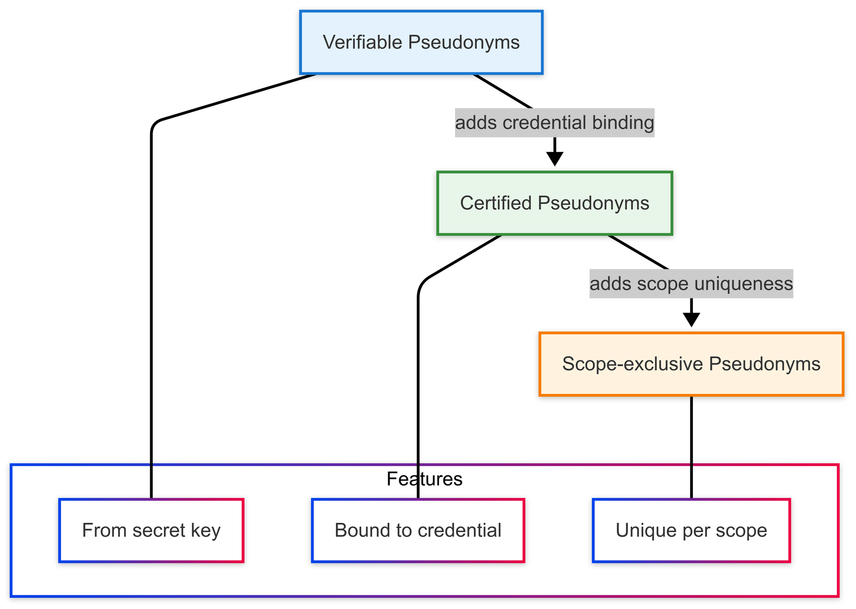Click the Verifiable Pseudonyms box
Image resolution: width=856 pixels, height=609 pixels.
click(x=422, y=43)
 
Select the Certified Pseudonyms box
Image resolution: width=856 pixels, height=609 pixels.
click(x=555, y=203)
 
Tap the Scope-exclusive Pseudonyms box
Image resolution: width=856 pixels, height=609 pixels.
click(x=691, y=364)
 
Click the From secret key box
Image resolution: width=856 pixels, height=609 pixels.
click(x=152, y=530)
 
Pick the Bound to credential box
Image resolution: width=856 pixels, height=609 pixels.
click(x=418, y=530)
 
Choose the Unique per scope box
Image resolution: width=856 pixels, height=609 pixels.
click(x=691, y=530)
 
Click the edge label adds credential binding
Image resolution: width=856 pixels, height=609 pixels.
click(x=555, y=123)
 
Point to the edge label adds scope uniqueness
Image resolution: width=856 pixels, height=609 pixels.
click(x=691, y=284)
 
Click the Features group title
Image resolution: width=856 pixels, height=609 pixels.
click(x=424, y=479)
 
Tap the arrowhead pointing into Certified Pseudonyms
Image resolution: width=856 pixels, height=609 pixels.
click(x=555, y=159)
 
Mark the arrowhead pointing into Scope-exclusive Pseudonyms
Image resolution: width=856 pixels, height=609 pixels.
click(x=691, y=320)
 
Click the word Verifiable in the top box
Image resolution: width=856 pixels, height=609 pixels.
click(x=362, y=43)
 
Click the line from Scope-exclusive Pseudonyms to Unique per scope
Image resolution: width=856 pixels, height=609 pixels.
click(x=691, y=445)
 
